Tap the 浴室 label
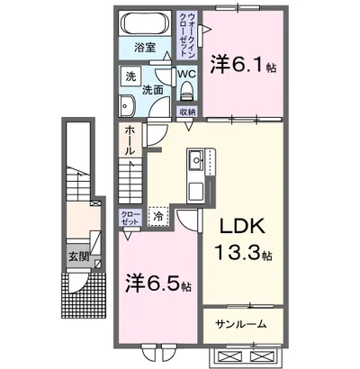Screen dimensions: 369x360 [145, 48]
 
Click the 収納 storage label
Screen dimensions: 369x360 [186, 112]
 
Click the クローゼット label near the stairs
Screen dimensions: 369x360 [130, 217]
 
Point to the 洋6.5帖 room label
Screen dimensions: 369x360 [157, 285]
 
